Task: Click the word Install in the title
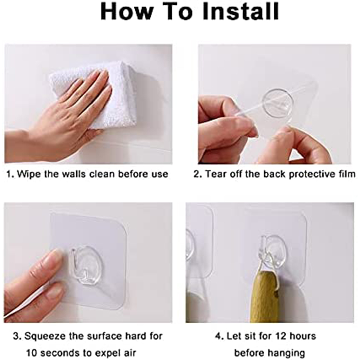point(241,11)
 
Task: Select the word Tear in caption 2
point(215,174)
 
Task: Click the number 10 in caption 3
point(32,353)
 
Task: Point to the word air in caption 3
point(130,353)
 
